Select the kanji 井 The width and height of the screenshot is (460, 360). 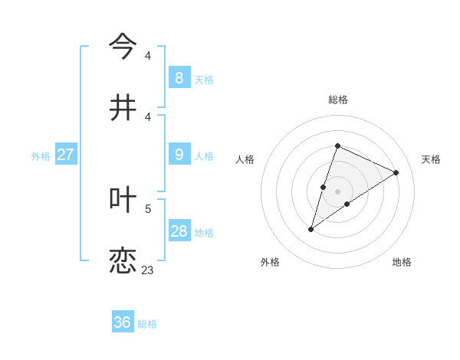(x=123, y=108)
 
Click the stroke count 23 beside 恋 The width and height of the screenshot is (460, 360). (x=147, y=270)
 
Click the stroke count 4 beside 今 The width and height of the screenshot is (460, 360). (x=148, y=56)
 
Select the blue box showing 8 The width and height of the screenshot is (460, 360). (x=179, y=78)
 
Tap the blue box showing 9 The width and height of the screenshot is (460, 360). (x=179, y=155)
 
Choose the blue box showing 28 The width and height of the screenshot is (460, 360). (x=179, y=231)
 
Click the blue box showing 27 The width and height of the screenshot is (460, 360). (x=65, y=155)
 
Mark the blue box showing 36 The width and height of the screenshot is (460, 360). (x=122, y=322)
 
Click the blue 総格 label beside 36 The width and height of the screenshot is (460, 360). (x=147, y=324)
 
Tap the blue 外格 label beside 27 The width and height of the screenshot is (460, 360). (x=41, y=156)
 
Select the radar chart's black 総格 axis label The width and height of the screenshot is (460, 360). (x=337, y=100)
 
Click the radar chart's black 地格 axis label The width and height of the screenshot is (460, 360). (x=402, y=262)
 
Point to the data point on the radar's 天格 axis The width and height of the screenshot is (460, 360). (x=396, y=172)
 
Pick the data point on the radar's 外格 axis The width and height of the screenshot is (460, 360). (x=310, y=229)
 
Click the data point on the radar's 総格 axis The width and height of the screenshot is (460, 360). (x=337, y=146)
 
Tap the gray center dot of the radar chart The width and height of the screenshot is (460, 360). (x=337, y=191)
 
